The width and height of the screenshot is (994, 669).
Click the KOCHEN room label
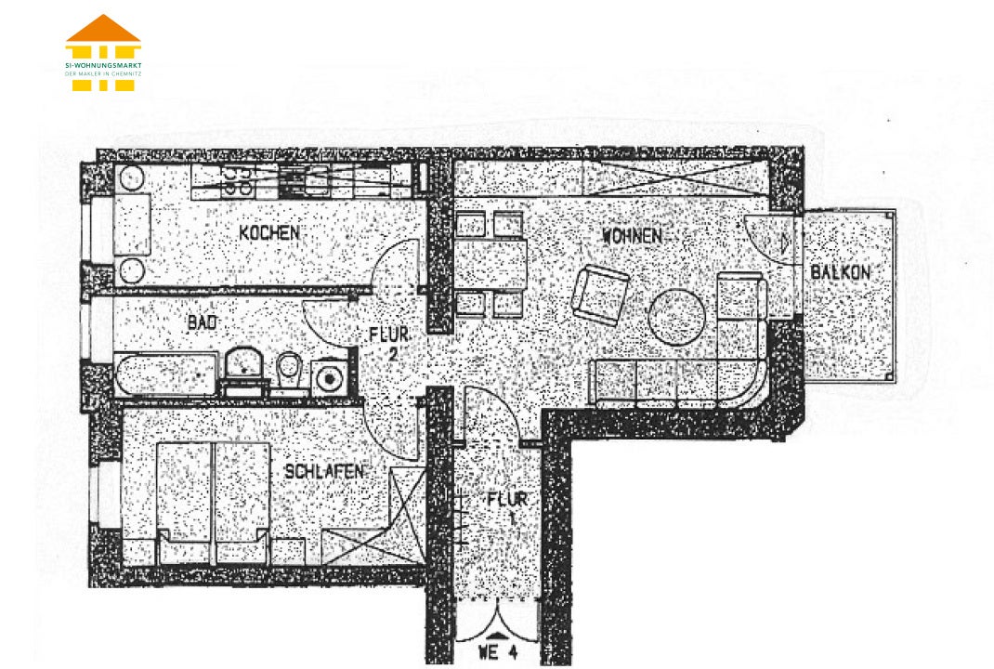269,232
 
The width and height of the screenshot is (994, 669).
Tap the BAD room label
203,322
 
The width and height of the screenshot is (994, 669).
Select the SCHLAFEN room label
324,471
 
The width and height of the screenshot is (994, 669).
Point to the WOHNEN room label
632,236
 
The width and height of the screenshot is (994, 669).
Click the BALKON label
841,272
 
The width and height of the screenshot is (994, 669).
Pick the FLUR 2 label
389,343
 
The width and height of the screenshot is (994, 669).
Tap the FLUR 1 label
507,507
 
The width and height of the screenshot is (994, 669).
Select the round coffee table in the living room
676,317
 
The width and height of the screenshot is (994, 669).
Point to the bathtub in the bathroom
167,374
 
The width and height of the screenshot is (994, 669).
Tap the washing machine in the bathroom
329,378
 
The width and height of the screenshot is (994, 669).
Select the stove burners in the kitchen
238,180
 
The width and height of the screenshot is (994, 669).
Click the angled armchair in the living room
600,295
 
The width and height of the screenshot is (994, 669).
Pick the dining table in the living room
490,264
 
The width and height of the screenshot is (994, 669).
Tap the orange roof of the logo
103,28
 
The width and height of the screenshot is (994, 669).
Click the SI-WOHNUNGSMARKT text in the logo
103,65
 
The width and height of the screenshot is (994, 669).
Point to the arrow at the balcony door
786,243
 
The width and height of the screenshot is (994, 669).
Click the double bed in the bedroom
213,503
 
